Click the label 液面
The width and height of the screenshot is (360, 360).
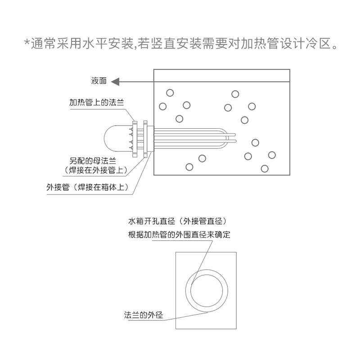[x=99, y=81]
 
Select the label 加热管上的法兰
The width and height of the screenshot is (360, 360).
[x=96, y=103]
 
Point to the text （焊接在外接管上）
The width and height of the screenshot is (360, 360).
[x=95, y=170]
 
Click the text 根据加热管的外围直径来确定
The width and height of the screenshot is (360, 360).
[x=179, y=234]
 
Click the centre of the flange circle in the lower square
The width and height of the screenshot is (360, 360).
[x=206, y=291]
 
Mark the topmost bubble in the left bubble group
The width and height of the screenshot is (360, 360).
[x=170, y=93]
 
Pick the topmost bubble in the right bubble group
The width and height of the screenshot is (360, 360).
[x=235, y=94]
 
